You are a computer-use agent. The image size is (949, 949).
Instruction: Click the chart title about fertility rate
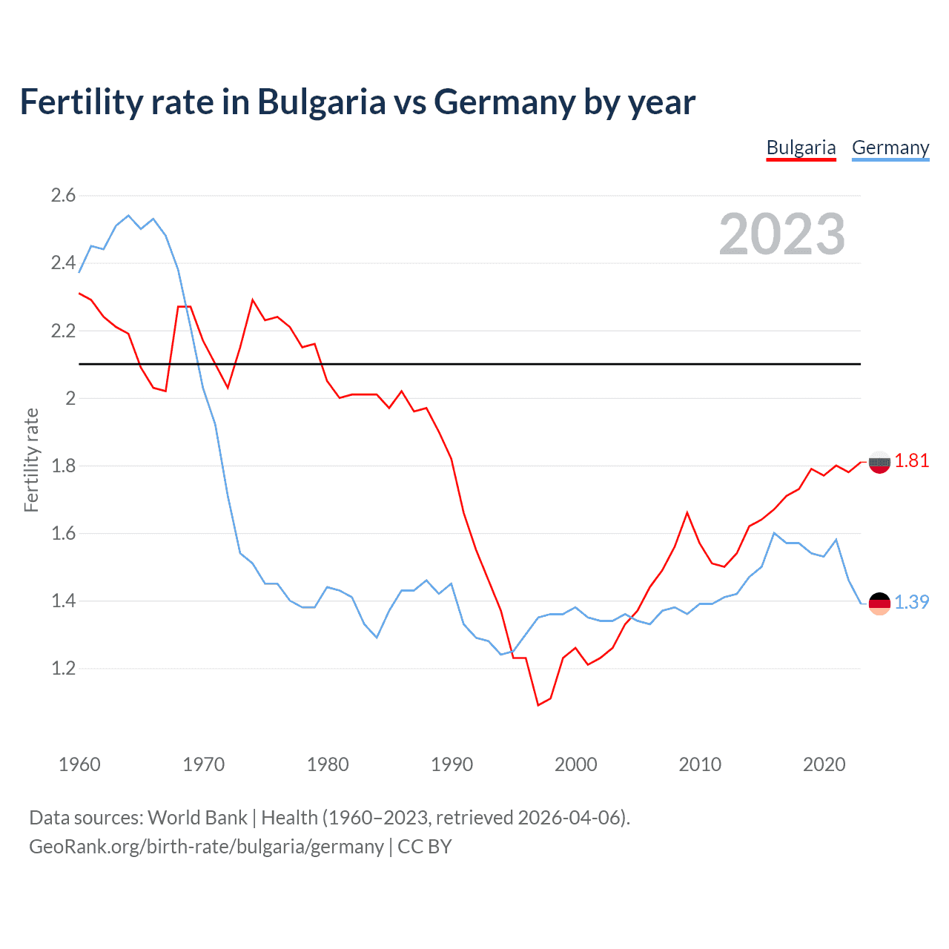coord(357,102)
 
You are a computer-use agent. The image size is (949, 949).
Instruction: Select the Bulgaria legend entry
coord(801,148)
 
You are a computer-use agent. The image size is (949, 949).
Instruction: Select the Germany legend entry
coord(890,148)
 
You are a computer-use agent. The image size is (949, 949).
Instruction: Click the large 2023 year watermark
coord(781,234)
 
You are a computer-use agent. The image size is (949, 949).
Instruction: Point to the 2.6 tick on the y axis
coord(63,196)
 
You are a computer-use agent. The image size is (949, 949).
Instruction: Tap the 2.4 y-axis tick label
coord(63,263)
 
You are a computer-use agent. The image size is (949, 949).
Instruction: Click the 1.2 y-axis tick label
coord(63,669)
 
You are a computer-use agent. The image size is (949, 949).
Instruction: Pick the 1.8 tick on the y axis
coord(63,466)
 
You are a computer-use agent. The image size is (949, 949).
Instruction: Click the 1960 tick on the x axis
coord(79,764)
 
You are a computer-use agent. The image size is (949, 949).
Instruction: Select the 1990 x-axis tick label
coord(452,764)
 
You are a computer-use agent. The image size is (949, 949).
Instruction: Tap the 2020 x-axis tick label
coord(824,764)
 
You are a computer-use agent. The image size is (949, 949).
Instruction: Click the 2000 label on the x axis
coord(575,764)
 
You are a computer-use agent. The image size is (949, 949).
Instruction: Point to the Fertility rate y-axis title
coord(31,460)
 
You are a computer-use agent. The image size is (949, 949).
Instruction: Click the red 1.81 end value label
coord(911,461)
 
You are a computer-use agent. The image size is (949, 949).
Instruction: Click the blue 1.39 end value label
coord(911,603)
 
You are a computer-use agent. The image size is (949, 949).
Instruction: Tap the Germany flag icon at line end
coord(879,604)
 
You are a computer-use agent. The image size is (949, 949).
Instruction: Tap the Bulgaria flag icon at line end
coord(879,463)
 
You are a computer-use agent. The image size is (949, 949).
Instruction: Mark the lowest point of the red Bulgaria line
coord(538,705)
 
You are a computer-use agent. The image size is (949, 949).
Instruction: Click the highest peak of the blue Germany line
coord(128,216)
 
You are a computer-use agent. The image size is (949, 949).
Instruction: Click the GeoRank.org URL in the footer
coord(206,847)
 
